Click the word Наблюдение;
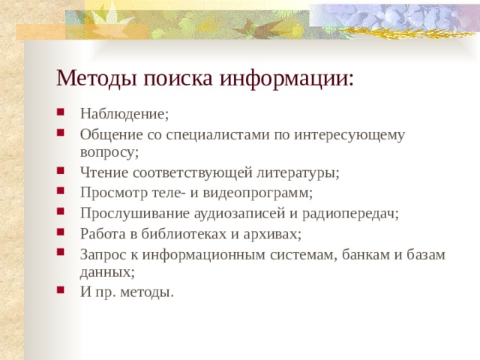click(124, 114)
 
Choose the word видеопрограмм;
click(262, 193)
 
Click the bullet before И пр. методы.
click(60, 290)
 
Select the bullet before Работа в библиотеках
click(60, 232)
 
